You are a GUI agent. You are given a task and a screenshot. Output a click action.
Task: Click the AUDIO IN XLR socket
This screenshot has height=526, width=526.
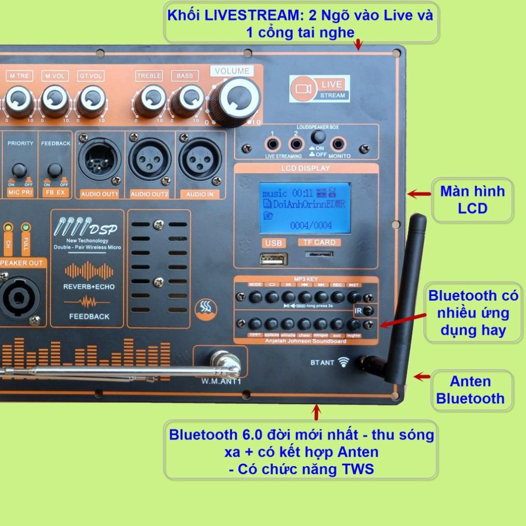[x=200, y=159]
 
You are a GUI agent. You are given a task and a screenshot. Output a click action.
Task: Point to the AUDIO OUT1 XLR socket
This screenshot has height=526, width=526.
[x=100, y=159]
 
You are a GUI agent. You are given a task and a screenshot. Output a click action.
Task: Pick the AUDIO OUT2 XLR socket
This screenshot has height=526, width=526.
[x=150, y=159]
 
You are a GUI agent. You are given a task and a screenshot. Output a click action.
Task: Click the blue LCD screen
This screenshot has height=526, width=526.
[x=305, y=208]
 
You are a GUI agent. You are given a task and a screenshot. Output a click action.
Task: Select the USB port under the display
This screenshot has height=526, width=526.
[x=274, y=259]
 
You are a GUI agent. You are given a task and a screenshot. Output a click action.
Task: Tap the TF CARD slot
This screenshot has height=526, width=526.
[x=319, y=254]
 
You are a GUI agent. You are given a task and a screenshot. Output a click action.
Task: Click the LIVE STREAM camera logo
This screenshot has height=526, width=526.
[x=319, y=89]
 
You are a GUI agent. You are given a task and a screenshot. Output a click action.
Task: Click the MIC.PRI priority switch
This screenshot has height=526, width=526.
[x=20, y=170]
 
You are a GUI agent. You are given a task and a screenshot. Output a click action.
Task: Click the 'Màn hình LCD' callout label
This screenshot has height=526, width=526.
[x=472, y=200]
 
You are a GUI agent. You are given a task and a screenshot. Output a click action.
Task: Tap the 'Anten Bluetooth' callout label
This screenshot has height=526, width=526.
[x=470, y=390]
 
